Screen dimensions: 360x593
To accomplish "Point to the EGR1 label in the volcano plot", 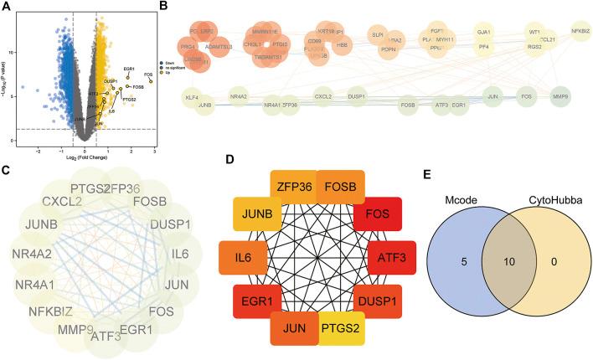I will tap(129, 69).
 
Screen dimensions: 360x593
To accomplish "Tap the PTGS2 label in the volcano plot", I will tap(129, 100).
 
